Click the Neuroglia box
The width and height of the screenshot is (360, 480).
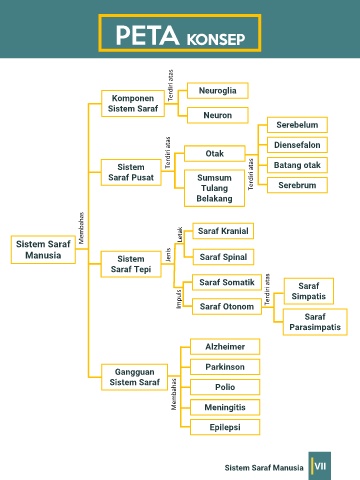point(218,91)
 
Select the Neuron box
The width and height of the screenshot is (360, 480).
point(218,115)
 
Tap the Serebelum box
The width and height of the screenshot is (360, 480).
point(297,125)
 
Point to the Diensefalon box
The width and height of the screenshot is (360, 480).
point(297,145)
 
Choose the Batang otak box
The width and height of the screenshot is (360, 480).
point(297,165)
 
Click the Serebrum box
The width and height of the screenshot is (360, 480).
point(297,185)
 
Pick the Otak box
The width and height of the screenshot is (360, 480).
point(215,154)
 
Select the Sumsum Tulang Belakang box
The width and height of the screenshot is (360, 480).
point(214,188)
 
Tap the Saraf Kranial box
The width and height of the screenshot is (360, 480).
point(223,231)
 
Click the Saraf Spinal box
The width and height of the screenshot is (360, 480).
point(223,257)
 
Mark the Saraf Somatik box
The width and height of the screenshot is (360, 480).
point(227,282)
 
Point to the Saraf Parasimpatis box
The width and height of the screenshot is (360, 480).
point(315,322)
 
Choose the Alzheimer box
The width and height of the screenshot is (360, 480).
point(225,347)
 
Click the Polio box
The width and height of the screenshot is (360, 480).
point(225,387)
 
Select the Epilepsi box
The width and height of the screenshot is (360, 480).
point(225,427)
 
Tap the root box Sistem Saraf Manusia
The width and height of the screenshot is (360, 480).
point(43,250)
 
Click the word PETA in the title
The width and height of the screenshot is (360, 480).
point(147,35)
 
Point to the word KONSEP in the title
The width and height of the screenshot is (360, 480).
point(216,39)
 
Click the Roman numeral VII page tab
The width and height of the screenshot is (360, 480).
point(320,466)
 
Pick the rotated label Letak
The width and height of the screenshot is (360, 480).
point(180,235)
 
